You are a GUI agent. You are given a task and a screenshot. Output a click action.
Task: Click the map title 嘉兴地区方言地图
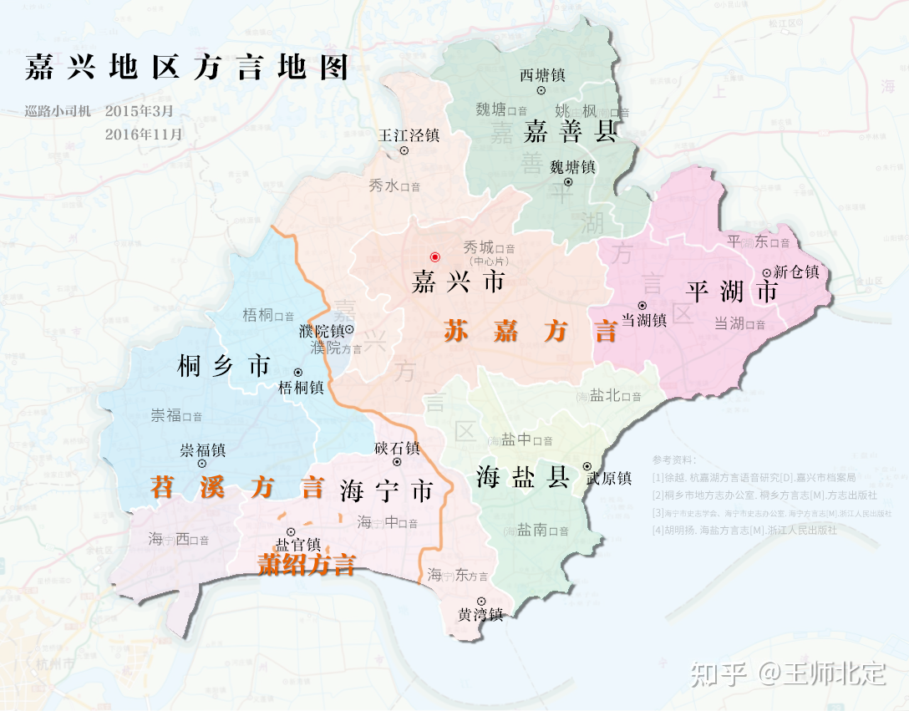(186, 68)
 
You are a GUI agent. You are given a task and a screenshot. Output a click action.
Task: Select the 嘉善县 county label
(571, 131)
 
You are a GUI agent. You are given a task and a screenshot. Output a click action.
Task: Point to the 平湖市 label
(731, 291)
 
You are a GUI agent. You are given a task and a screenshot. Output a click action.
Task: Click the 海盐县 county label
(523, 477)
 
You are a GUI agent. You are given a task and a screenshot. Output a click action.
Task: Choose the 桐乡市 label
(224, 365)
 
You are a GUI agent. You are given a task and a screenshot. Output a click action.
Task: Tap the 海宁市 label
(387, 491)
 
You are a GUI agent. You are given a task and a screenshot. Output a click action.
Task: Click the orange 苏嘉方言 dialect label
(530, 332)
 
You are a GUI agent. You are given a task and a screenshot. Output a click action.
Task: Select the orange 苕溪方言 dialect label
(236, 487)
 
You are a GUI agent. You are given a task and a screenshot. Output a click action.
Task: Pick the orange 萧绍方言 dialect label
(306, 566)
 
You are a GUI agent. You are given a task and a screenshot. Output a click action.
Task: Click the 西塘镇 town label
(542, 75)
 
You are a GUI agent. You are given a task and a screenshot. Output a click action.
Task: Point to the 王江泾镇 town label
(409, 134)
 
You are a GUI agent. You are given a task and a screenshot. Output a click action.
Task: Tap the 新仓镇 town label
(796, 272)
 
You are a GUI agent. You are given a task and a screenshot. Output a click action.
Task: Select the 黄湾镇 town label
(480, 615)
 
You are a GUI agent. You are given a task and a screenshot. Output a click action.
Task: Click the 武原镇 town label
(609, 479)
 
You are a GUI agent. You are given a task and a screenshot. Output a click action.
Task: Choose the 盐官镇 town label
(298, 544)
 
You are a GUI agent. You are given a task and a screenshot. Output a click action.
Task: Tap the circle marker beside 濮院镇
(349, 330)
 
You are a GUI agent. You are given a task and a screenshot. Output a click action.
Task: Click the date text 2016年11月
(144, 133)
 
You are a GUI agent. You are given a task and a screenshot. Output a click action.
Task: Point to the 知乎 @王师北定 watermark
(788, 673)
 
